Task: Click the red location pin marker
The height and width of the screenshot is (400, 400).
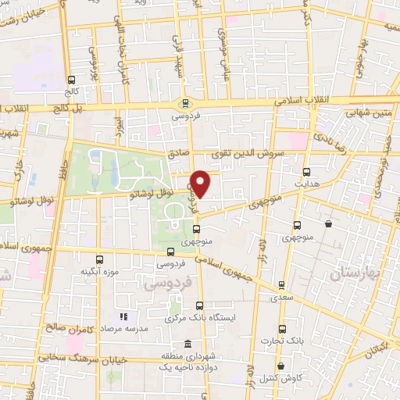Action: coord(201,184)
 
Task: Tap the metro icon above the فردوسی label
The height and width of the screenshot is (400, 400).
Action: coord(185,103)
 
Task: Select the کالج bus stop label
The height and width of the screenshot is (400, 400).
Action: coord(73,91)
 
